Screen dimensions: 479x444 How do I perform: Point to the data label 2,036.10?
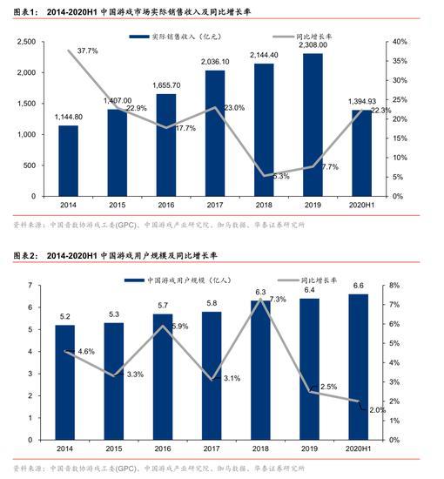point(214,63)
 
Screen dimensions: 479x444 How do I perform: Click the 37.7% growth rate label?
point(88,51)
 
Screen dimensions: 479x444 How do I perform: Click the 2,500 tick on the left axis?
point(27,42)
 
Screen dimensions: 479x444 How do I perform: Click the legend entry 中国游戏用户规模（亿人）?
point(178,280)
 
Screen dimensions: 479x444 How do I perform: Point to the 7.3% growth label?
point(278,300)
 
